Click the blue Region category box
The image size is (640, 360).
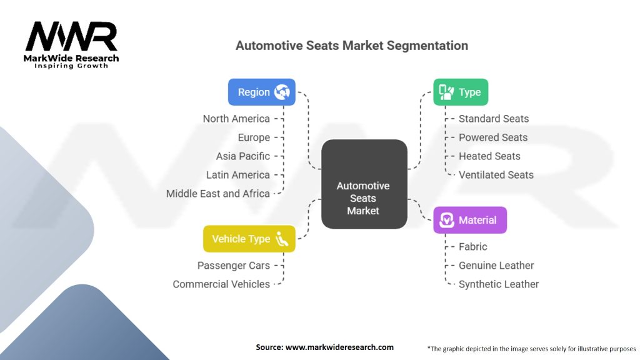click(261, 92)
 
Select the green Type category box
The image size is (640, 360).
click(461, 92)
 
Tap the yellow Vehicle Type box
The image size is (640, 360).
click(249, 239)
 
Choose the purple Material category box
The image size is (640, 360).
click(470, 220)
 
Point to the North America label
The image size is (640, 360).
click(236, 119)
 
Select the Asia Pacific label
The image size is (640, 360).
click(243, 156)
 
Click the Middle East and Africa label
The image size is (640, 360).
click(217, 194)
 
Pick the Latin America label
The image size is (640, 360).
click(238, 175)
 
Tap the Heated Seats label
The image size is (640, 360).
click(489, 156)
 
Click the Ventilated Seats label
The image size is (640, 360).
click(496, 175)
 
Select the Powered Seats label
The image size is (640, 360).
click(493, 137)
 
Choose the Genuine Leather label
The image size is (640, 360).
click(496, 266)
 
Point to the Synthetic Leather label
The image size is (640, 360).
click(499, 284)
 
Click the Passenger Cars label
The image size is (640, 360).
click(234, 266)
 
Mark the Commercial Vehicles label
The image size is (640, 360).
click(221, 284)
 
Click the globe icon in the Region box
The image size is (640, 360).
click(282, 92)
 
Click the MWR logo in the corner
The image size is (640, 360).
click(71, 44)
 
